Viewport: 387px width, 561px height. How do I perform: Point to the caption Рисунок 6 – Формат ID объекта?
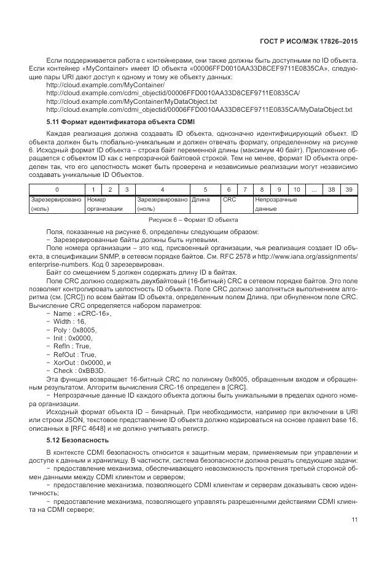point(193,220)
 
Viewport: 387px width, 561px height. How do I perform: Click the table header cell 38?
point(332,190)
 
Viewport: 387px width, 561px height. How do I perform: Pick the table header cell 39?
point(349,190)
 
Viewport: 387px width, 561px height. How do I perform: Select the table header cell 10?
point(297,190)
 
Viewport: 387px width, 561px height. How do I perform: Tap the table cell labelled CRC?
point(229,200)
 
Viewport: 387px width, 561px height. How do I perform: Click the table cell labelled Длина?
point(200,200)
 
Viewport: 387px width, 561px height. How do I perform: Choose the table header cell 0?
point(57,190)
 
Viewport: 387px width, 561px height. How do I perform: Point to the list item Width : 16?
point(69,322)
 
